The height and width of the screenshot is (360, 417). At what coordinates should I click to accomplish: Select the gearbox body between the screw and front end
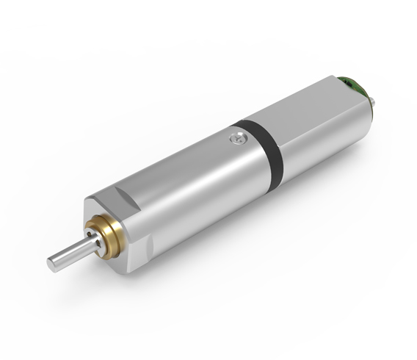click(184, 191)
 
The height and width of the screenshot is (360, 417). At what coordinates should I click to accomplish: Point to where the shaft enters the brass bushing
click(91, 240)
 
